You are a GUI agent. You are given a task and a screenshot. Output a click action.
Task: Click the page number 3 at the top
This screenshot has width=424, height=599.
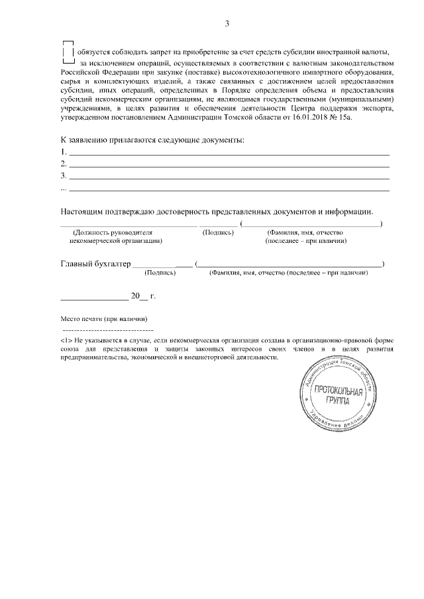pyautogui.click(x=227, y=24)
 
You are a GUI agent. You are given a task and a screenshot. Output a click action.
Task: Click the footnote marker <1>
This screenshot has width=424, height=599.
pyautogui.click(x=66, y=340)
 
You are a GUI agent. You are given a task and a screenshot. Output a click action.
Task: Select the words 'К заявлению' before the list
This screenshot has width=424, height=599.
pyautogui.click(x=83, y=140)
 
